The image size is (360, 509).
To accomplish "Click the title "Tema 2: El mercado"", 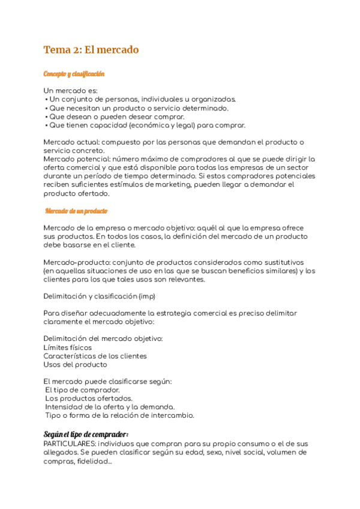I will pyautogui.click(x=91, y=50).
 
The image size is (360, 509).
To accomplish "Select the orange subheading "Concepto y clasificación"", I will pyautogui.click(x=74, y=74).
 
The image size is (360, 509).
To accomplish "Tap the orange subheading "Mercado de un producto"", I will pyautogui.click(x=76, y=211).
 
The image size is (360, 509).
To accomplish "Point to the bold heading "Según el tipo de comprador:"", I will pyautogui.click(x=86, y=434).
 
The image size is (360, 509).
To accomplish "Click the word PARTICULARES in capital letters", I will pyautogui.click(x=69, y=443).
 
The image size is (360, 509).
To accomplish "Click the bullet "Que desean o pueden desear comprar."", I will pyautogui.click(x=116, y=116).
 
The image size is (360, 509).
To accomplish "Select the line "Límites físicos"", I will pyautogui.click(x=68, y=348).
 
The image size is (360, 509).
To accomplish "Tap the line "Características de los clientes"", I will pyautogui.click(x=95, y=356).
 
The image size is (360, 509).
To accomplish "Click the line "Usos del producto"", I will pyautogui.click(x=76, y=364).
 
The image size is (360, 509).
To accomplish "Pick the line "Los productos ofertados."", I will pyautogui.click(x=89, y=399).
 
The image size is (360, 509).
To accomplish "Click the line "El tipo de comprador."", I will pyautogui.click(x=83, y=390).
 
